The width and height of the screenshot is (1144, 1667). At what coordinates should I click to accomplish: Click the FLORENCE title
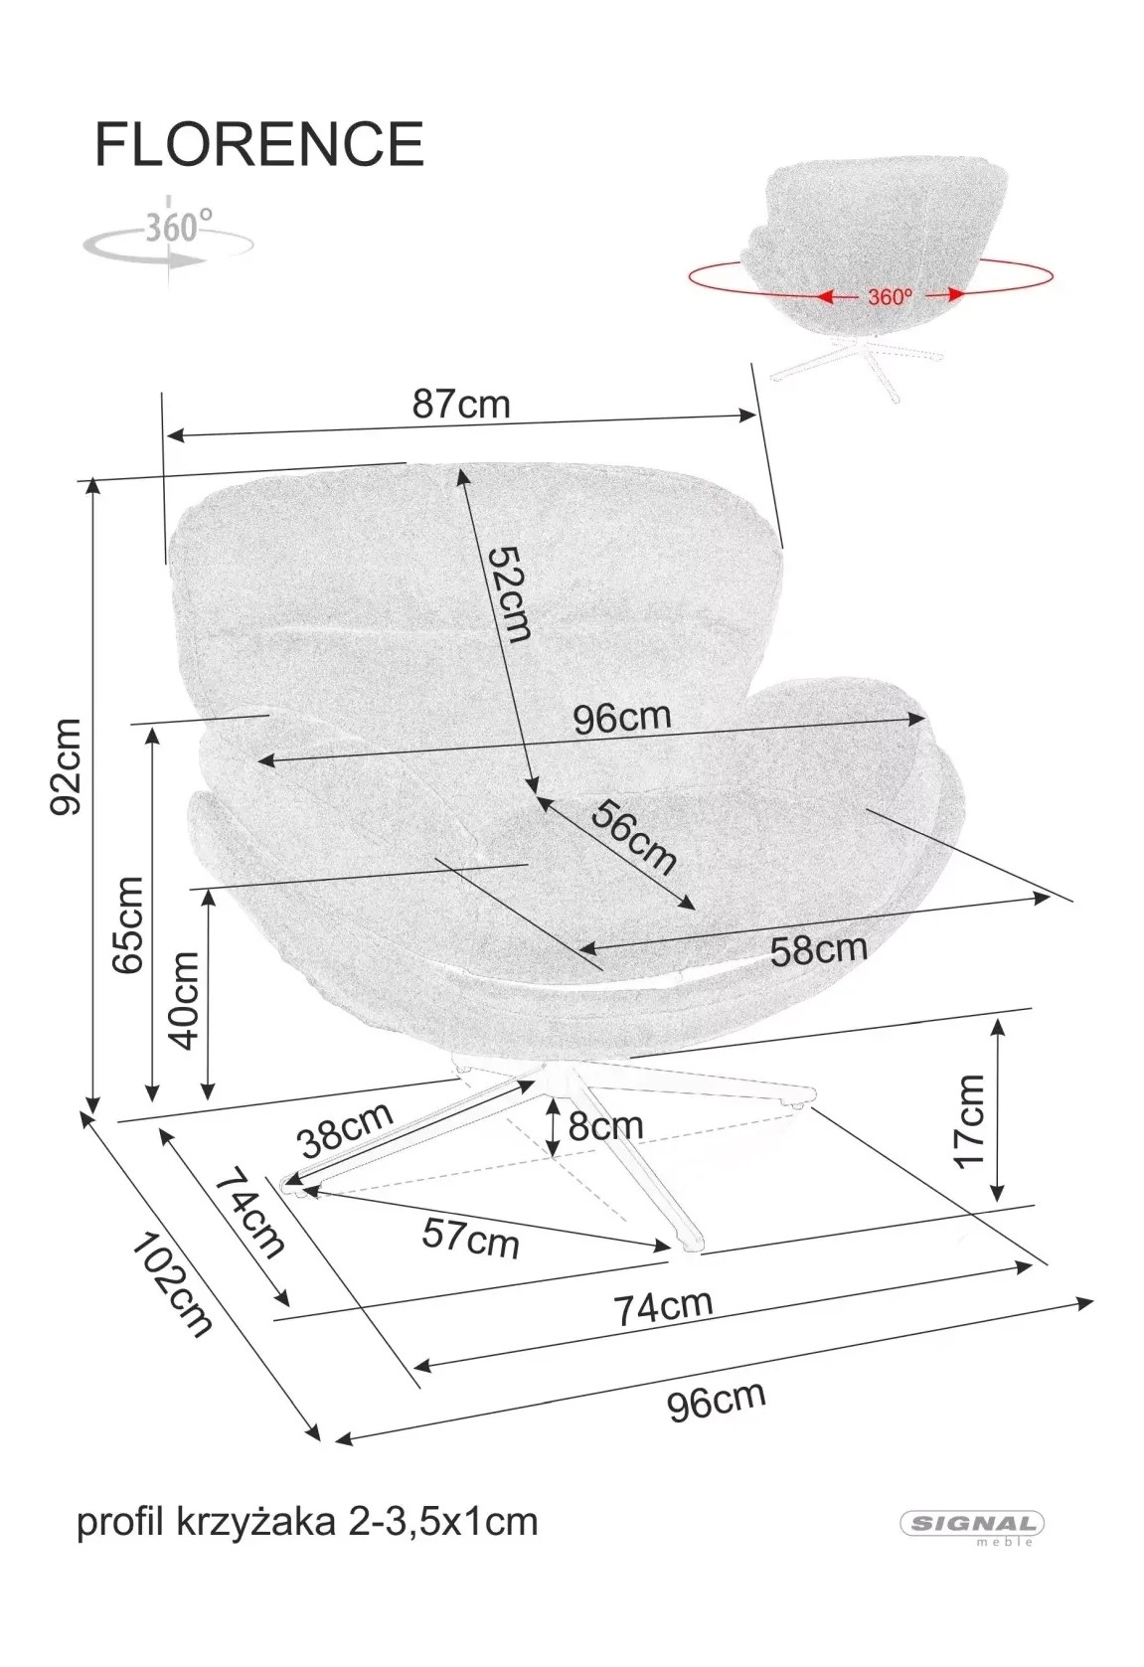point(259,144)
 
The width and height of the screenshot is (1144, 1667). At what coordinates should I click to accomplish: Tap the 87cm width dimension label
point(461,405)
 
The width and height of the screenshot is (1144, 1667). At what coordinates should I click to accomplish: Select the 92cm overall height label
point(65,766)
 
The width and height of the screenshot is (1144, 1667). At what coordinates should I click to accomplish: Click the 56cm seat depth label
point(634,836)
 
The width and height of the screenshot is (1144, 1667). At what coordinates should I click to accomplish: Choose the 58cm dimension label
point(819,949)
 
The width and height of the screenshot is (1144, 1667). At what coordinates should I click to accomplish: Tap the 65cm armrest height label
point(127,925)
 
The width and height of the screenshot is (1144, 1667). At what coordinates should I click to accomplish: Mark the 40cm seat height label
point(185,1000)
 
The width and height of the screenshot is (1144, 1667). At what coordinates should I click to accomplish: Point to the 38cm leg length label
point(346,1129)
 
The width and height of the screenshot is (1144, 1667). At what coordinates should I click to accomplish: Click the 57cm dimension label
point(470,1237)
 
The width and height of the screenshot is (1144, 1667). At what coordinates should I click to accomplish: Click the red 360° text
point(891,297)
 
